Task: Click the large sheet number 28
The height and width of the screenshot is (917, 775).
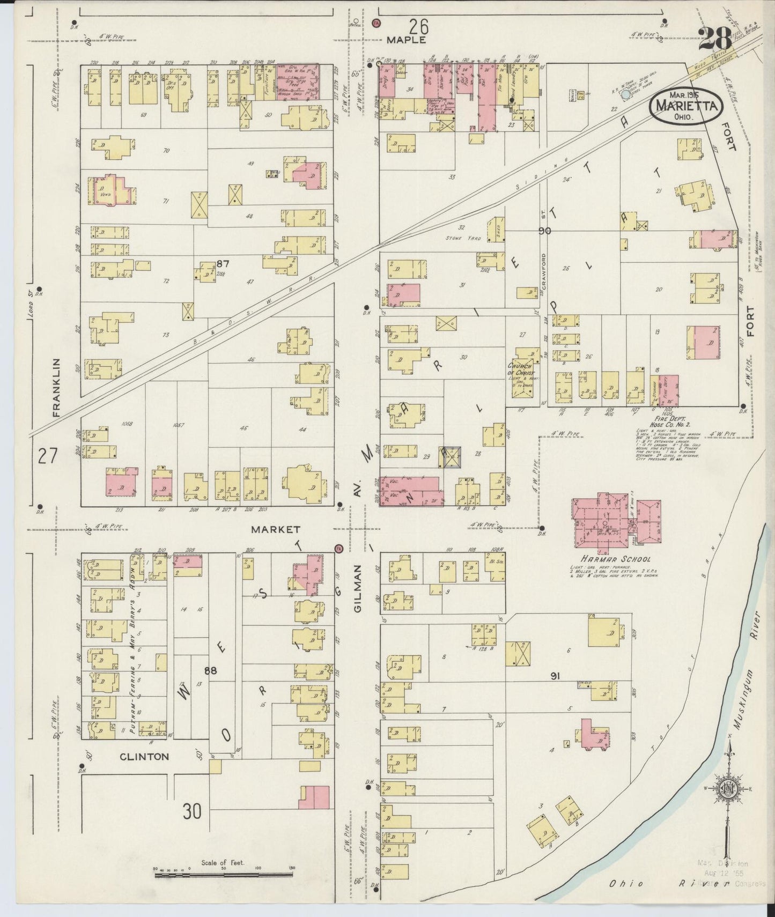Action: pos(714,39)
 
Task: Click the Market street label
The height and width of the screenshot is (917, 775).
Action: pos(268,529)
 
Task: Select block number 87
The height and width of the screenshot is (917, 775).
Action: pos(223,263)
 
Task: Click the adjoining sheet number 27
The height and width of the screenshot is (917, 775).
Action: pos(48,457)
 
